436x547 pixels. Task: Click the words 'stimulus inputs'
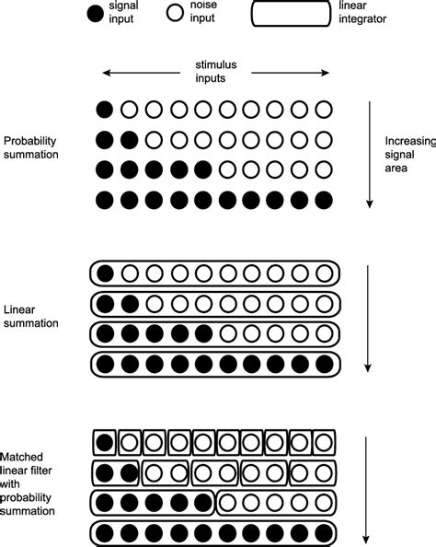tap(216, 72)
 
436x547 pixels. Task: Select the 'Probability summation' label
tap(31, 147)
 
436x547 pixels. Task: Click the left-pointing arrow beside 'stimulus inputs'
tap(138, 72)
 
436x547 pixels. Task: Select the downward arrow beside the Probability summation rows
tap(369, 153)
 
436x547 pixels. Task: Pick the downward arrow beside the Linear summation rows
tap(369, 318)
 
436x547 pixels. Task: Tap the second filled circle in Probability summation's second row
tap(130, 141)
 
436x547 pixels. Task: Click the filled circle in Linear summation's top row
tap(107, 273)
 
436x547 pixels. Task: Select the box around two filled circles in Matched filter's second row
tap(117, 473)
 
